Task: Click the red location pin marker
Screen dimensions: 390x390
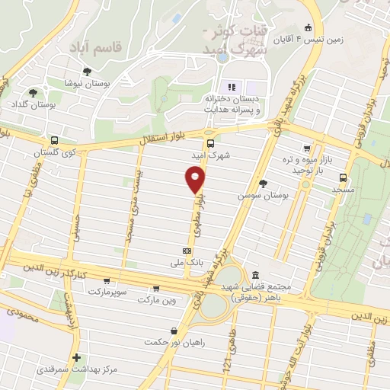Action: point(195,179)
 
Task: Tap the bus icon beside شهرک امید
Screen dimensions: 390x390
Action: point(211,142)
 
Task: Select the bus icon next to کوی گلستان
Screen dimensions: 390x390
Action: point(55,140)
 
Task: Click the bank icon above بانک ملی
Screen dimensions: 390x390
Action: point(187,251)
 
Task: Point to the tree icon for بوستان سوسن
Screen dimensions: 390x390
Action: point(263,183)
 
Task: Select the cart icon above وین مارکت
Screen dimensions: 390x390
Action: point(157,288)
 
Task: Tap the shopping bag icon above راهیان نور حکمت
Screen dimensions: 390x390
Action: point(176,331)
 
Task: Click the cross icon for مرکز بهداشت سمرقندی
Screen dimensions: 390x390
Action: point(75,356)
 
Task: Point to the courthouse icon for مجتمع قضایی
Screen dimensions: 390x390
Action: point(254,275)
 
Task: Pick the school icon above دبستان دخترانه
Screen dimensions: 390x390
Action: point(232,87)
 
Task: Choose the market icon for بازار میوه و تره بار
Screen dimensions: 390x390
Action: point(306,149)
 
